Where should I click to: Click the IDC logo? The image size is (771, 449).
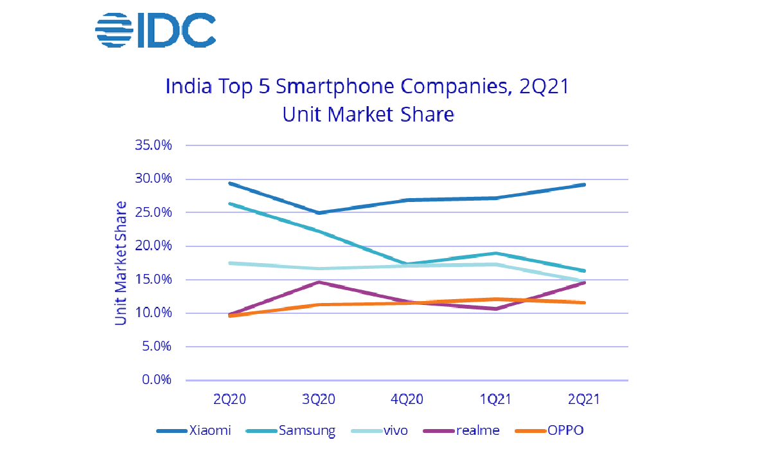pyautogui.click(x=155, y=30)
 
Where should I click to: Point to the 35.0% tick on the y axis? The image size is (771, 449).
pyautogui.click(x=154, y=145)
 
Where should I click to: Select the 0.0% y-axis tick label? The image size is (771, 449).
pyautogui.click(x=156, y=380)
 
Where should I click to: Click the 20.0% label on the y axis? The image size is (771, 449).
pyautogui.click(x=154, y=246)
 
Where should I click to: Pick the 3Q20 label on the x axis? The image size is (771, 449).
pyautogui.click(x=319, y=399)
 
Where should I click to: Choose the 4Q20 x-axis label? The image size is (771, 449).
pyautogui.click(x=407, y=399)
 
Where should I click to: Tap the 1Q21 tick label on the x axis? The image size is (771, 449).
pyautogui.click(x=495, y=399)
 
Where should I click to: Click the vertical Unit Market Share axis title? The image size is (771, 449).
pyautogui.click(x=121, y=262)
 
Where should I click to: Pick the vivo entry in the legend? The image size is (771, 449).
pyautogui.click(x=384, y=430)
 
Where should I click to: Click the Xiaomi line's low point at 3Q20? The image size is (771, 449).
pyautogui.click(x=319, y=212)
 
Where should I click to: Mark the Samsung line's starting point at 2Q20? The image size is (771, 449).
pyautogui.click(x=230, y=203)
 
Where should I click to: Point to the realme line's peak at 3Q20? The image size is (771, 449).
pyautogui.click(x=319, y=282)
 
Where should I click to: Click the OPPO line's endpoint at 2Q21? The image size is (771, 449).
pyautogui.click(x=584, y=302)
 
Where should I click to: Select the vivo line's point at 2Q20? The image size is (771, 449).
pyautogui.click(x=230, y=262)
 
